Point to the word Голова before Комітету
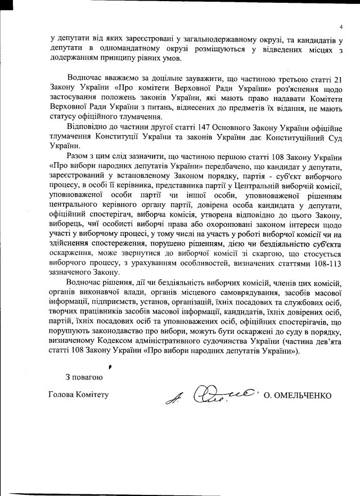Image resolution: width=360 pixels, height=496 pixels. click(63, 394)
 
